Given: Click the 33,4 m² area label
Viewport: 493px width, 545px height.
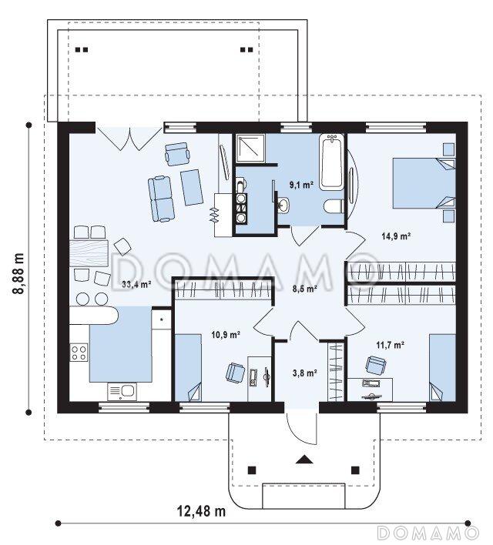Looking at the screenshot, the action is [x=136, y=284].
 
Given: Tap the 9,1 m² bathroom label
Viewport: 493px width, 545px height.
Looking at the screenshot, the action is [x=301, y=185].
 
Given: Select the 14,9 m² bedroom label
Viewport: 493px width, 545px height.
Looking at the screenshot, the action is [x=396, y=236].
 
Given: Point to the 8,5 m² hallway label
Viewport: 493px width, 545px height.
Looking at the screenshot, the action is [x=304, y=288].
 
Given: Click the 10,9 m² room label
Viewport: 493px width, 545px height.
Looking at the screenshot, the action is [x=226, y=335].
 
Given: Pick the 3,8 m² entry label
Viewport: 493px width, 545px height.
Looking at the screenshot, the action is [x=304, y=373].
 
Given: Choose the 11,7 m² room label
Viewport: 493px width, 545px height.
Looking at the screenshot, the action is [x=390, y=345].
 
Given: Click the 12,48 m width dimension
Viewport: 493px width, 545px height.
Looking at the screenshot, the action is [x=201, y=511].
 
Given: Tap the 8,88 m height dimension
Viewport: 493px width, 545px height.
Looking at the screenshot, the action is [x=18, y=273].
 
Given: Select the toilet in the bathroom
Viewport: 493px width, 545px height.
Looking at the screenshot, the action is [x=334, y=206].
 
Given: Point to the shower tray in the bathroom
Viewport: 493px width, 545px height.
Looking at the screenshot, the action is [x=250, y=149].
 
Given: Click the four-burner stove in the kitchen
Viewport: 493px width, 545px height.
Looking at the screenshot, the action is [x=79, y=352].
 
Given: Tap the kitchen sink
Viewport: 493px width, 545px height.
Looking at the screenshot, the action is [x=122, y=392].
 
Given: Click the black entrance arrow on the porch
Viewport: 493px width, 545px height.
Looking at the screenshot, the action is [x=305, y=460].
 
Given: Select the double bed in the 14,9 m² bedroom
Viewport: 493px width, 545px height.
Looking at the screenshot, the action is [x=424, y=183].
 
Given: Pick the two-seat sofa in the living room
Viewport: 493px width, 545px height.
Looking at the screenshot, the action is [x=161, y=199].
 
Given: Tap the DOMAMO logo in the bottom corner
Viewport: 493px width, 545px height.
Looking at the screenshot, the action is [x=428, y=533].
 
